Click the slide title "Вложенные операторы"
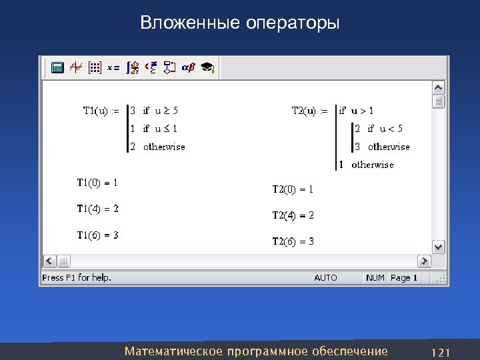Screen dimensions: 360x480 click(x=239, y=24)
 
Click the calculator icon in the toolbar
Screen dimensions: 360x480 click(x=57, y=67)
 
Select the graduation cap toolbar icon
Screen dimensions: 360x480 click(x=207, y=67)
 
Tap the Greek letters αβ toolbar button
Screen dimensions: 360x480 click(x=188, y=67)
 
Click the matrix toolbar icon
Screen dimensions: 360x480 click(x=95, y=67)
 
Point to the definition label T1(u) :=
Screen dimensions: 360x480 click(x=101, y=111)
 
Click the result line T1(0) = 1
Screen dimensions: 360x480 click(x=97, y=182)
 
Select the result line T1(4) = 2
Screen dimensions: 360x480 click(x=97, y=209)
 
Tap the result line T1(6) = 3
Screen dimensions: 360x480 click(x=97, y=235)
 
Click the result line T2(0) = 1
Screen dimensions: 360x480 click(x=293, y=189)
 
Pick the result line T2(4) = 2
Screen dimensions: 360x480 click(x=293, y=215)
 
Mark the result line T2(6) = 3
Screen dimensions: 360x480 click(x=293, y=241)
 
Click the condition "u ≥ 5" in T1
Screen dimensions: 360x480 click(x=167, y=111)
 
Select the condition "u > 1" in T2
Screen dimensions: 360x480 click(x=363, y=111)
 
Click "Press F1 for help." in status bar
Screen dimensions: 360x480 click(x=77, y=277)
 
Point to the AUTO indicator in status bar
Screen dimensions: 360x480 click(x=325, y=277)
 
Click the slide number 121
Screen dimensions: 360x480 click(x=441, y=351)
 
